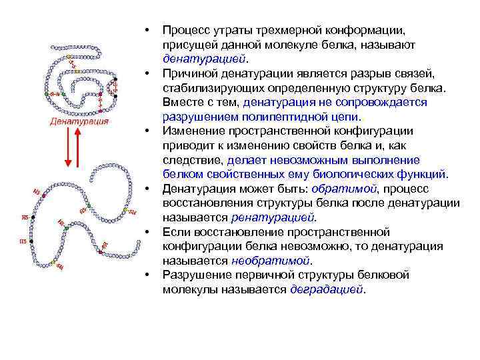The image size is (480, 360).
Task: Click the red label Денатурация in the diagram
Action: (x=79, y=122)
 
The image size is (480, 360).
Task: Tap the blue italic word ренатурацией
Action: (x=273, y=217)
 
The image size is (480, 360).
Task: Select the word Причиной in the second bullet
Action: (x=191, y=73)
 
